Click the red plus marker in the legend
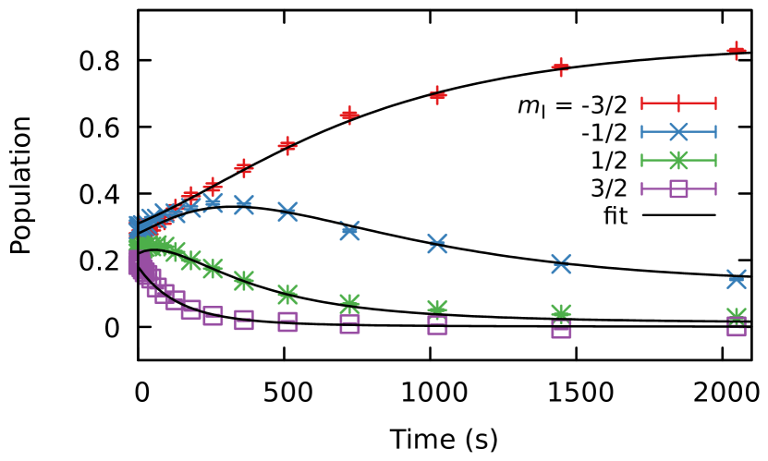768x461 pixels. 677,103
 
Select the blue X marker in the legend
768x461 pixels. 677,132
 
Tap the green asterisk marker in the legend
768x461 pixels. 677,161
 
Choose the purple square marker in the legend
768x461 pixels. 677,188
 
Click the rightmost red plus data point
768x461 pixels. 736,50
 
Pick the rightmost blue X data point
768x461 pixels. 736,279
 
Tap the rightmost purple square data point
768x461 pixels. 736,327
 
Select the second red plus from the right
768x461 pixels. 560,67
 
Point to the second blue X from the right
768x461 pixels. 560,264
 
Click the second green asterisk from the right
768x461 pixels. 560,312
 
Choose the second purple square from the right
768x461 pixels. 560,330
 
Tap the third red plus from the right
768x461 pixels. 437,94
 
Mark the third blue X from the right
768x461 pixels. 437,244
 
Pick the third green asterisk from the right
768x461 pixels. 437,308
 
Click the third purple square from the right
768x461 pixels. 437,325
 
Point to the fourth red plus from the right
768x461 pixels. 348,115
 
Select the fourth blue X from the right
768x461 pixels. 348,230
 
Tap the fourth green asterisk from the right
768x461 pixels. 348,302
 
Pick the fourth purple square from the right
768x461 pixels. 348,323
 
